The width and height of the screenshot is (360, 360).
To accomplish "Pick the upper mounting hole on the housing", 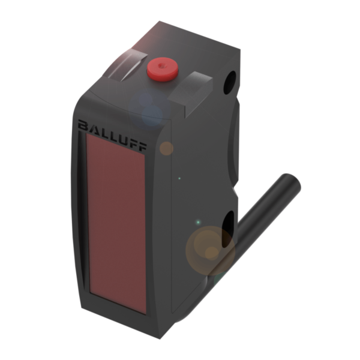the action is pyautogui.click(x=230, y=82).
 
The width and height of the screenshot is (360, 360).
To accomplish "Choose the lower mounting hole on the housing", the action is pyautogui.click(x=228, y=229).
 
